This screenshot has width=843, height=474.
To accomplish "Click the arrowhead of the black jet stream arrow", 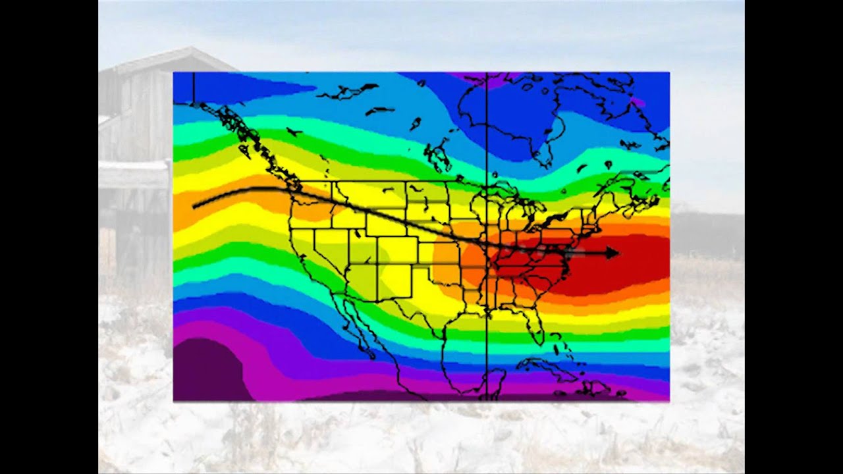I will (x=612, y=252).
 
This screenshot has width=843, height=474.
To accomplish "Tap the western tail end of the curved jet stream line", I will (x=195, y=207).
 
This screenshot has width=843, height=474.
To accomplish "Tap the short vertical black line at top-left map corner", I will (x=194, y=86).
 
